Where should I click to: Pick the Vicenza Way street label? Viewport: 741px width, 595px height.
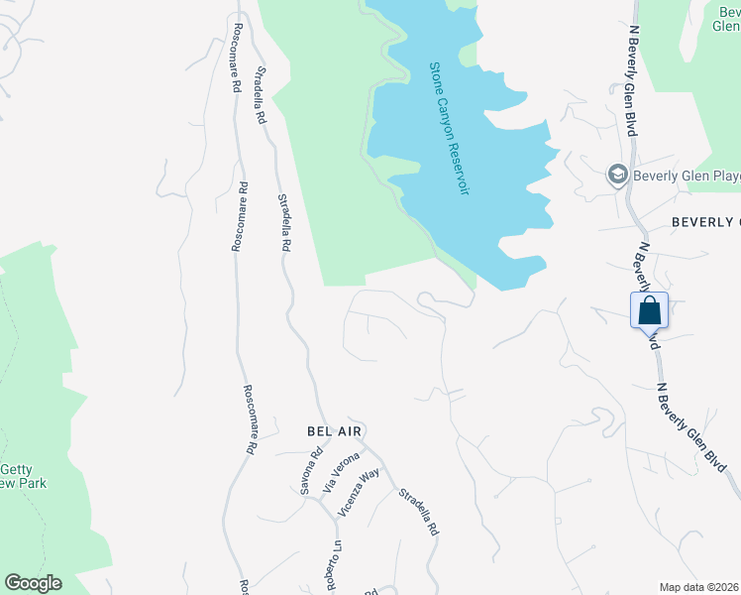coord(359,492)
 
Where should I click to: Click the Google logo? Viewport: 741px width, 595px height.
coord(33,583)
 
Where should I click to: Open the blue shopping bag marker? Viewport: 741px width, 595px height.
coord(649,309)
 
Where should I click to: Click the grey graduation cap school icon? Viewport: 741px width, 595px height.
coord(618,176)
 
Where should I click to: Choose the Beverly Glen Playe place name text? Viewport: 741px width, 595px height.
coord(688,177)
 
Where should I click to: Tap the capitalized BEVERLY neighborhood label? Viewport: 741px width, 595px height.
coord(705,221)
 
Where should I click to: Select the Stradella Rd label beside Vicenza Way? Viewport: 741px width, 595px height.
coord(418,513)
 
